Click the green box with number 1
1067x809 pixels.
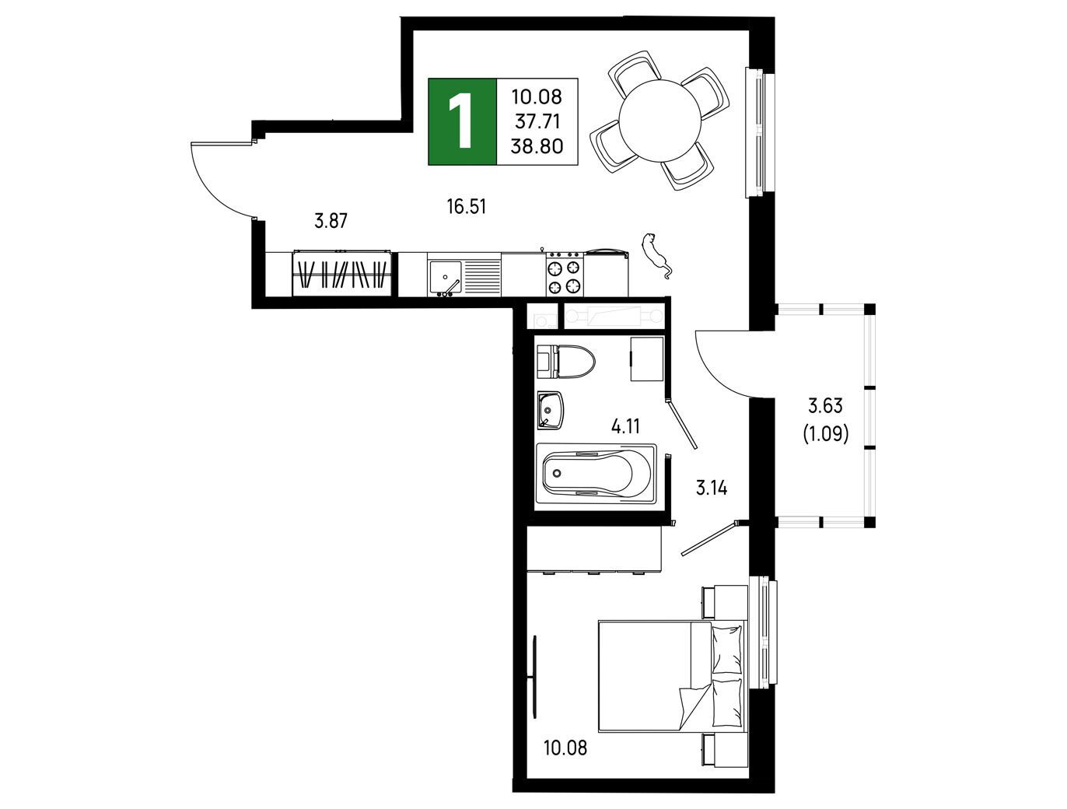pyautogui.click(x=462, y=121)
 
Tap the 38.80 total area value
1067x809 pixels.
pyautogui.click(x=537, y=146)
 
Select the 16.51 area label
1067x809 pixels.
pyautogui.click(x=467, y=207)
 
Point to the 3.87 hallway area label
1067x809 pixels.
pyautogui.click(x=331, y=221)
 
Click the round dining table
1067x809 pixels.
pyautogui.click(x=660, y=121)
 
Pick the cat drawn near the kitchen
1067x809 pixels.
pyautogui.click(x=656, y=256)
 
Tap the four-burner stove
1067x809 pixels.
pyautogui.click(x=565, y=274)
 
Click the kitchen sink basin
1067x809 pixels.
pyautogui.click(x=445, y=278)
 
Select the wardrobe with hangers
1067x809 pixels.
pyautogui.click(x=341, y=274)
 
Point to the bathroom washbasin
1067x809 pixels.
pyautogui.click(x=551, y=411)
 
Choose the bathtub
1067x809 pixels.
pyautogui.click(x=596, y=474)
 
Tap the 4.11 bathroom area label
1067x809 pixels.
pyautogui.click(x=625, y=427)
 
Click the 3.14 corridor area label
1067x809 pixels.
pyautogui.click(x=712, y=488)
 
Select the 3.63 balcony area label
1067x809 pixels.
pyautogui.click(x=825, y=405)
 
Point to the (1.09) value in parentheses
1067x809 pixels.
pyautogui.click(x=825, y=433)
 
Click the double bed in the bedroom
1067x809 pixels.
pyautogui.click(x=672, y=676)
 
